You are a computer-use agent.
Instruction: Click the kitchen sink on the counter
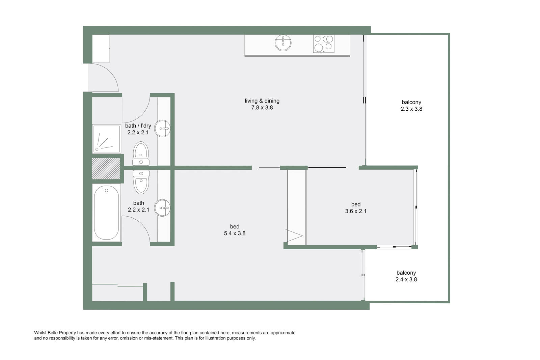point(283,43)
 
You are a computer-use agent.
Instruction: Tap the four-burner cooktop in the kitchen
point(324,44)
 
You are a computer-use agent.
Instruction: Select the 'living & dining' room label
point(262,101)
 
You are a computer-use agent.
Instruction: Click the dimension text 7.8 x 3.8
point(262,108)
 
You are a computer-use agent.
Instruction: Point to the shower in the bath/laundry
point(107,139)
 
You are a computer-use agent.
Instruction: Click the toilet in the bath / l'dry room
point(141,154)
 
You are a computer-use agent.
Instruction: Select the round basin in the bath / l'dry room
point(162,129)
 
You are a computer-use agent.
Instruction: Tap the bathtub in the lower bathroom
point(106,213)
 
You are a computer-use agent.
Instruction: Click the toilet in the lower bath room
point(141,182)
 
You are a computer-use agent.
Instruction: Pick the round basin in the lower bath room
point(162,208)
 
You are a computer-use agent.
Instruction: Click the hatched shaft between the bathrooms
point(106,168)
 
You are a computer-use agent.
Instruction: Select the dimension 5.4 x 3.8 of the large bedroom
point(235,233)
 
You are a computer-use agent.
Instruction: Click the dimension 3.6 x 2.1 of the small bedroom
point(356,211)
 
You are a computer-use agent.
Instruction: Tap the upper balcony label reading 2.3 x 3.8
point(411,109)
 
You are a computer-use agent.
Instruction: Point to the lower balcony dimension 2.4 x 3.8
point(406,279)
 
